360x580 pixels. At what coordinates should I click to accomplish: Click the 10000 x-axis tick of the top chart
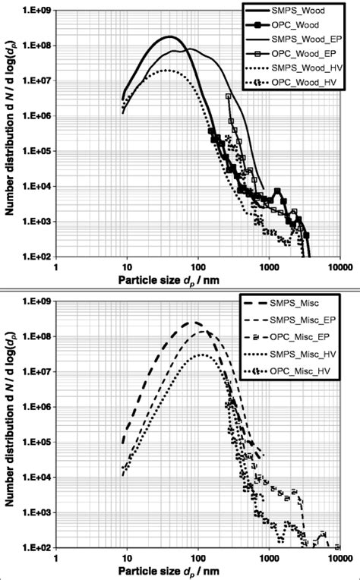point(339,267)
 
